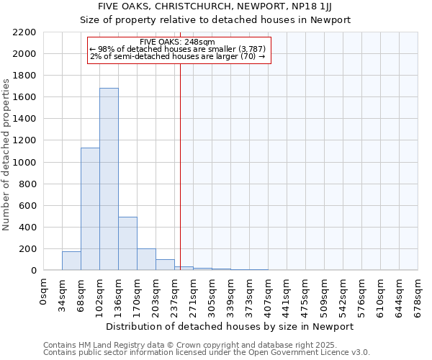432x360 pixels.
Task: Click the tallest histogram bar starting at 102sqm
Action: [109, 179]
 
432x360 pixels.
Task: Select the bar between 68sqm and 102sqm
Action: [90, 209]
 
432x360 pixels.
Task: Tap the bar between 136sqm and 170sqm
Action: [127, 243]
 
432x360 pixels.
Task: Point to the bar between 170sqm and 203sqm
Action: [146, 259]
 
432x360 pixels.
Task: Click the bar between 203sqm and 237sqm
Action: [165, 264]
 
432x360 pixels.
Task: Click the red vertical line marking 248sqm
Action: [180, 166]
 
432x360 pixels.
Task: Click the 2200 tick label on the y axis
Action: [24, 32]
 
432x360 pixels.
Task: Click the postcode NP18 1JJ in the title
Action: [312, 6]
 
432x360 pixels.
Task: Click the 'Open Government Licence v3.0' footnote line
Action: [207, 353]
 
